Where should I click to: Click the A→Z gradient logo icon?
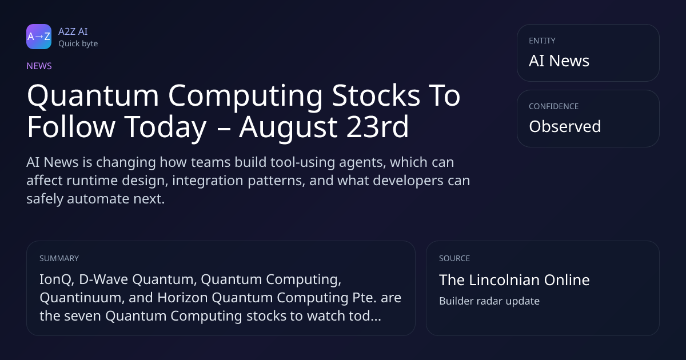point(39,37)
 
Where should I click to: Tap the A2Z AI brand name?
point(73,31)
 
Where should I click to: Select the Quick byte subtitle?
point(78,44)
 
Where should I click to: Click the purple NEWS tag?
point(39,66)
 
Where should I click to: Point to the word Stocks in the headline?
point(376,95)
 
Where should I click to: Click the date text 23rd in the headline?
point(378,127)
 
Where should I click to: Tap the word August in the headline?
point(288,128)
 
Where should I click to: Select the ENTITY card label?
point(542,41)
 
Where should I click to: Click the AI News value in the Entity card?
point(559,61)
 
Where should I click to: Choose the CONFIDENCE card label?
point(554,106)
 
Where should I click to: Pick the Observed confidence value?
point(565,126)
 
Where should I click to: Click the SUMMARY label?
point(59,258)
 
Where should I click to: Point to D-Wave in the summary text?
point(103,279)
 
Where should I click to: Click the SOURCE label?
point(454,258)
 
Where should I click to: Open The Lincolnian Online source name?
point(514,280)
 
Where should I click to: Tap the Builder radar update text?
point(489,301)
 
